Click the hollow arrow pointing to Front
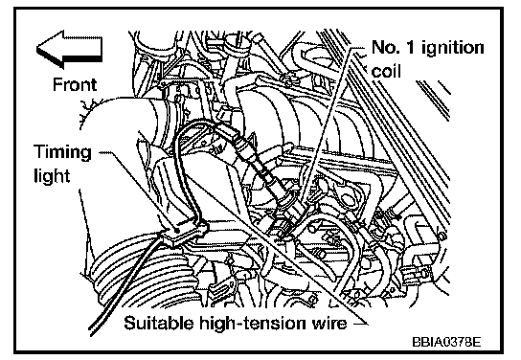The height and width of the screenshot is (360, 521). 69,50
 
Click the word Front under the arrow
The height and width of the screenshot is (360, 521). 75,84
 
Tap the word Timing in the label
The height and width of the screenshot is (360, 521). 62,153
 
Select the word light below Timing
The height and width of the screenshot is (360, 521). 52,175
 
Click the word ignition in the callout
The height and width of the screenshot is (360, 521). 453,49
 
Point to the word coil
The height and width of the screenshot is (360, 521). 386,71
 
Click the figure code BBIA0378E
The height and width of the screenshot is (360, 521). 446,342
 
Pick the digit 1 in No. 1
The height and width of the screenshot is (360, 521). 411,47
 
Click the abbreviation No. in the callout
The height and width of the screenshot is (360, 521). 386,47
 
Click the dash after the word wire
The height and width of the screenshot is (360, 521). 360,324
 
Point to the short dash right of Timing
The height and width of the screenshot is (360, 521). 106,153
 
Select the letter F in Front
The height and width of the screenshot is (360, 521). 57,84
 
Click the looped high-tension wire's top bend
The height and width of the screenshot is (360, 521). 196,124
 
